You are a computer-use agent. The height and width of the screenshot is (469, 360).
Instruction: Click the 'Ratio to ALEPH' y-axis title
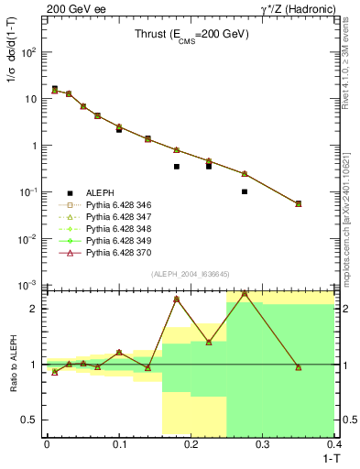[12, 364]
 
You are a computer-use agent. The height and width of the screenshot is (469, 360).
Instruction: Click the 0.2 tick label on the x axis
[191, 444]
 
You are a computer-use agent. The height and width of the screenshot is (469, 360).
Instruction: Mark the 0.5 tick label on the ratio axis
[32, 420]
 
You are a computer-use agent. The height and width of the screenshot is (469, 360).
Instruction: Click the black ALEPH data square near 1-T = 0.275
[245, 191]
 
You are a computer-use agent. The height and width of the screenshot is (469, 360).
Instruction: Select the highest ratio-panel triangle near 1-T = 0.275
[245, 294]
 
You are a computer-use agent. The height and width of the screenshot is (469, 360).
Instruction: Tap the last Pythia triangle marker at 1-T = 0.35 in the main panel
[298, 203]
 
